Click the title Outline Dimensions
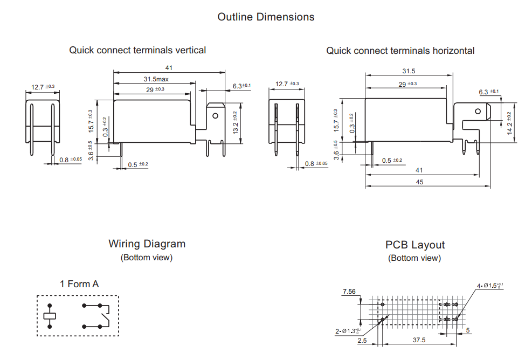pos(266,17)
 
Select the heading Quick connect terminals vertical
pos(137,50)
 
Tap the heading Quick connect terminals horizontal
pos(400,51)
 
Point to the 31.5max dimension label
pos(156,80)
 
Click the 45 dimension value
pos(419,182)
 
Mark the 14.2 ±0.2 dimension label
pos(509,122)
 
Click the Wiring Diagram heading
pos(147,244)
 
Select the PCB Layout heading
pos(414,245)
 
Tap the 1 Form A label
pos(79,284)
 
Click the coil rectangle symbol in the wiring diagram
pos(50,316)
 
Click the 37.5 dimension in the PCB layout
pos(419,340)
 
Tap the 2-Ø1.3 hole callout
pos(349,330)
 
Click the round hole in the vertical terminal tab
pos(216,115)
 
